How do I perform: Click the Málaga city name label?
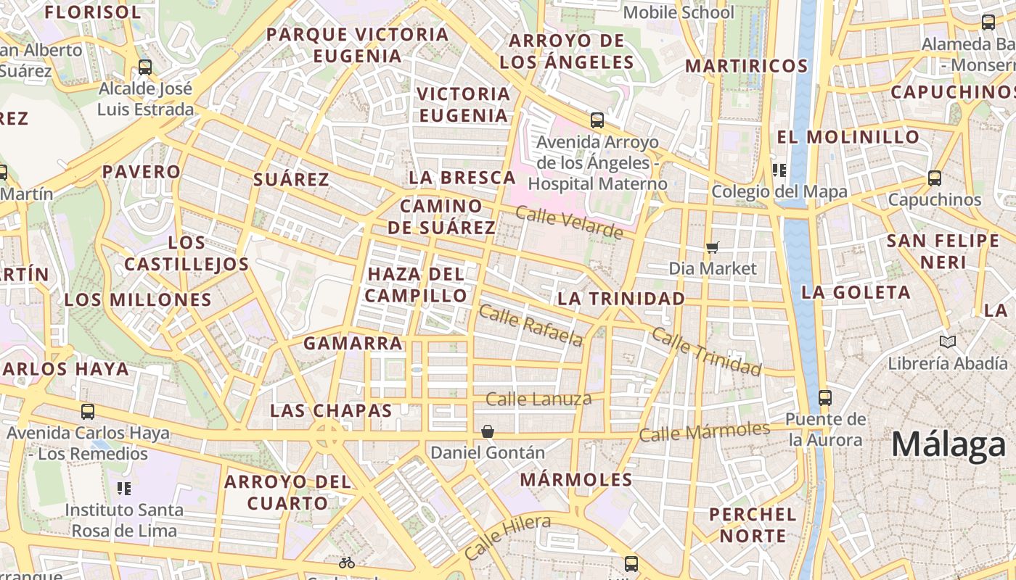(x=949, y=444)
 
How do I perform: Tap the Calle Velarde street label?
(x=570, y=223)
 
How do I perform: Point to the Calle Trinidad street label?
(x=707, y=352)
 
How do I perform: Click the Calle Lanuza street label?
(x=538, y=399)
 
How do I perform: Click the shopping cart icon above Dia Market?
(x=713, y=248)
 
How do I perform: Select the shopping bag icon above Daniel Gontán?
(x=488, y=432)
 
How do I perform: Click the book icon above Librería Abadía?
(x=947, y=341)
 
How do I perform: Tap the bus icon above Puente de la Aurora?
(x=824, y=397)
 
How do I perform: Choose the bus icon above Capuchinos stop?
(x=935, y=178)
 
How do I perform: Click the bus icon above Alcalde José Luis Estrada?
(x=145, y=67)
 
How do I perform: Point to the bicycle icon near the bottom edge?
(x=347, y=563)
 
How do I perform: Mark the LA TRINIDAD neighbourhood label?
(x=621, y=299)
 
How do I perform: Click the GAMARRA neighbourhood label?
(x=353, y=344)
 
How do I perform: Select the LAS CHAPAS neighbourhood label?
(x=331, y=410)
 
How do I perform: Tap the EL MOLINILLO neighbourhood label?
(x=848, y=137)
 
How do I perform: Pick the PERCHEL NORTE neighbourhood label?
(x=753, y=526)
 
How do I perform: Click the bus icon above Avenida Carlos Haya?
(x=88, y=412)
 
